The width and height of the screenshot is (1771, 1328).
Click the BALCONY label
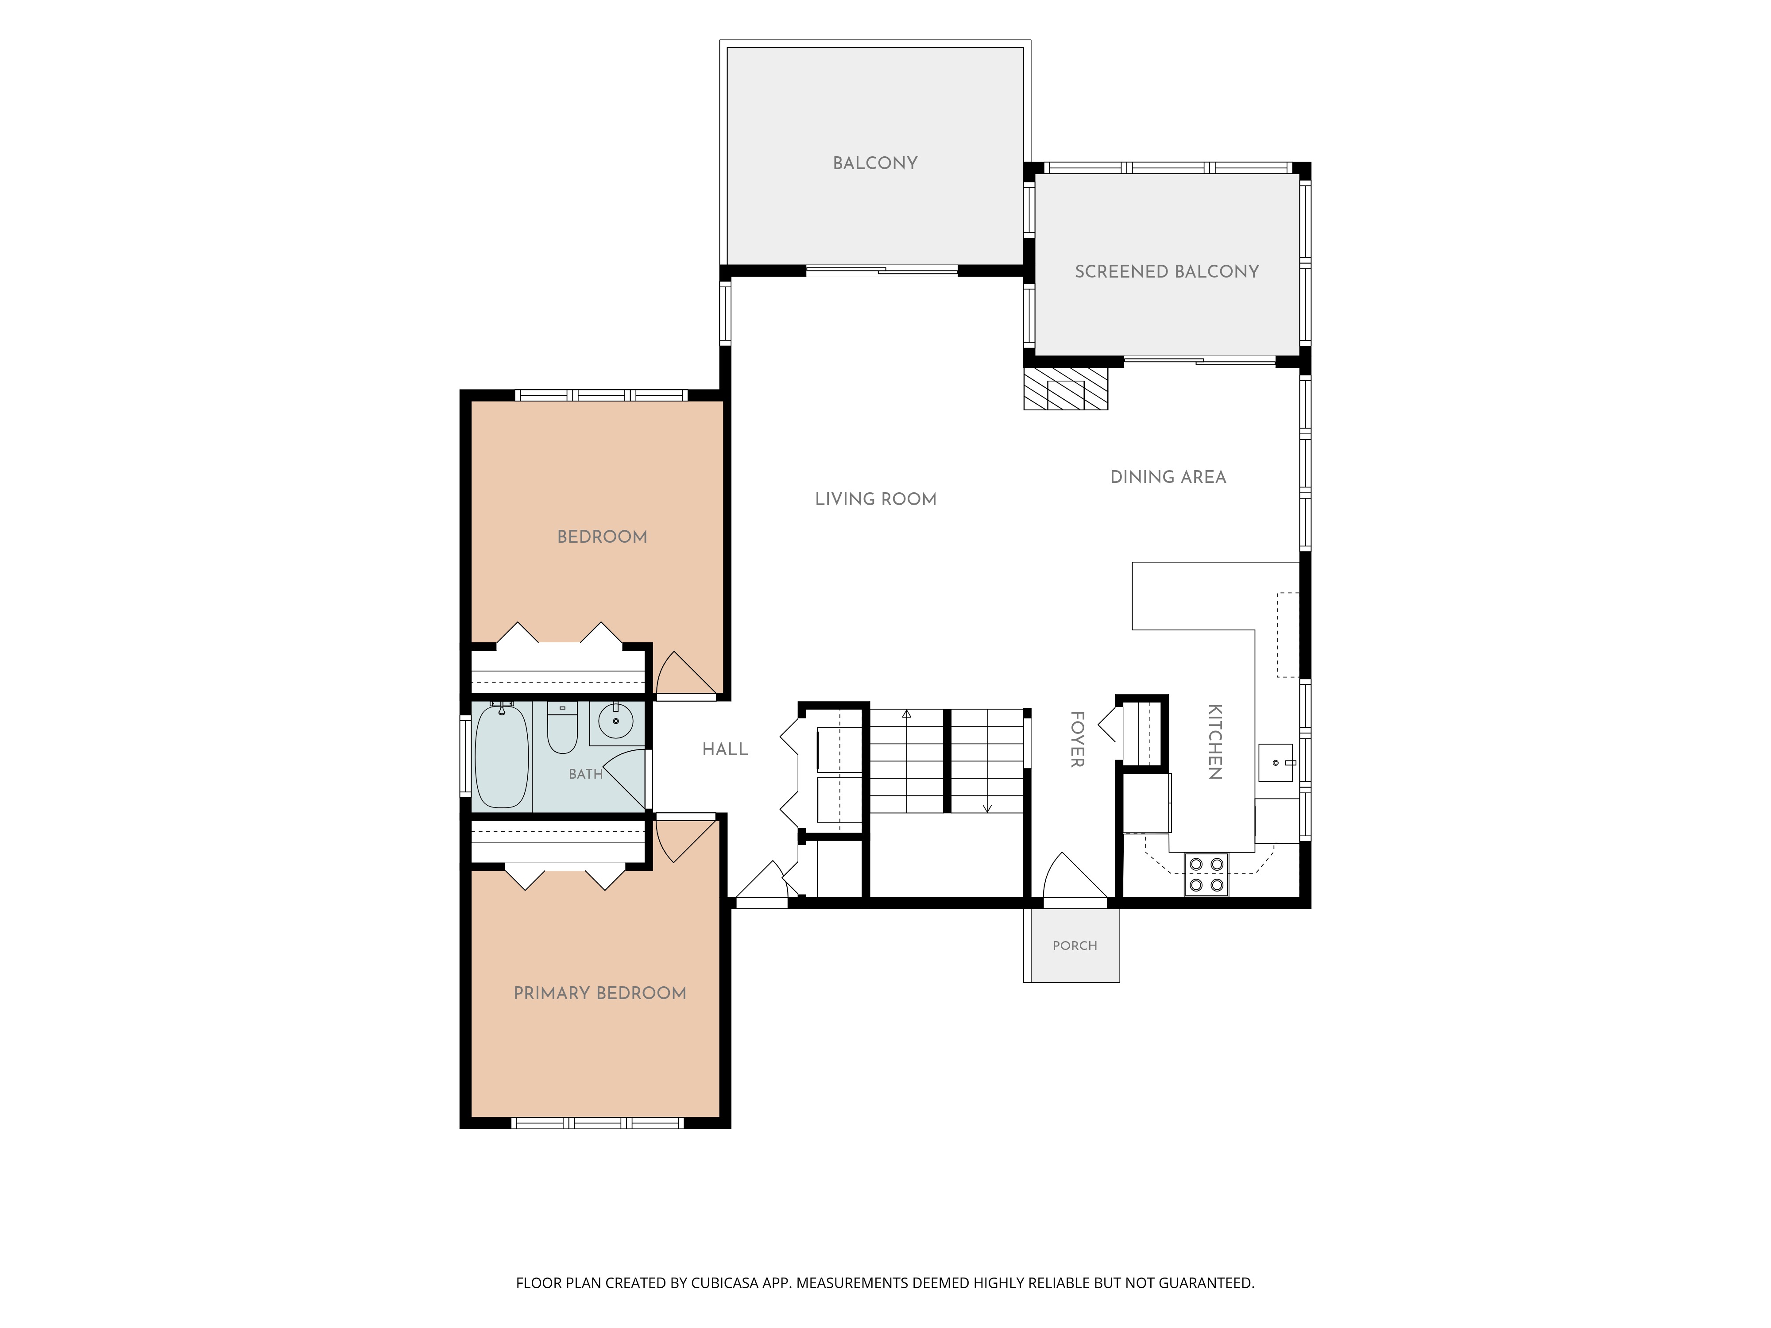[x=875, y=163]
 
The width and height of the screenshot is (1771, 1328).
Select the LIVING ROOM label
[x=876, y=499]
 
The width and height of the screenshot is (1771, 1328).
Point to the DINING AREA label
[x=1168, y=477]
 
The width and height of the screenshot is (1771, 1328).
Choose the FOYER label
[x=1078, y=739]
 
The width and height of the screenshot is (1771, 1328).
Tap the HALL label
[x=725, y=749]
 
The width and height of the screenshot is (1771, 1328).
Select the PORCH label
[x=1075, y=946]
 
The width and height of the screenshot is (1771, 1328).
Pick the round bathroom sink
[x=616, y=721]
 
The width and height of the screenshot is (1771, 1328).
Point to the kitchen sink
[x=1276, y=763]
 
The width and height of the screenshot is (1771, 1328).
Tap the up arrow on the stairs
[x=906, y=714]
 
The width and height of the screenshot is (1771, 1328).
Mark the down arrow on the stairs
[x=987, y=808]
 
